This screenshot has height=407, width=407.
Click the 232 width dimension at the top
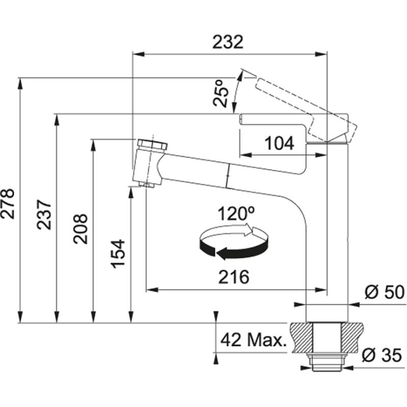[228, 42]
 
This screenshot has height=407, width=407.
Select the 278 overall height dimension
[9, 203]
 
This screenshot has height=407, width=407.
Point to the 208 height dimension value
[80, 228]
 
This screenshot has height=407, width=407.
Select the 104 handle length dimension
[279, 144]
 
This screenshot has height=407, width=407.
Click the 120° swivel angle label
[235, 213]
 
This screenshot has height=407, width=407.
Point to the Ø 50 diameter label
[384, 293]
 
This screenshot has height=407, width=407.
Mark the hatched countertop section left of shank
[299, 337]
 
